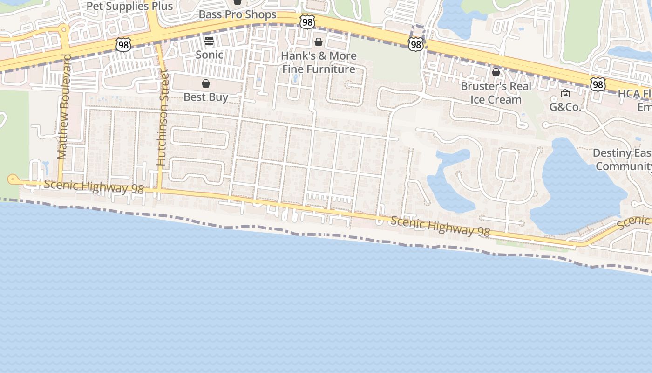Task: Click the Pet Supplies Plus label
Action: click(x=129, y=7)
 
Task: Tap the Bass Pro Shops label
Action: click(x=238, y=14)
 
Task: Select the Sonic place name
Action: click(x=209, y=55)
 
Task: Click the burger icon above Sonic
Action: click(x=209, y=41)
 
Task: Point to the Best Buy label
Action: click(x=206, y=97)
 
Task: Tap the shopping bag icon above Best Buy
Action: click(x=206, y=83)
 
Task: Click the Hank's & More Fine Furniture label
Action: click(x=319, y=62)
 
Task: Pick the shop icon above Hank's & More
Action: click(x=319, y=42)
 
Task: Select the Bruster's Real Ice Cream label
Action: click(x=496, y=93)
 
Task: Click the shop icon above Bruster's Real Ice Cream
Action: click(x=496, y=72)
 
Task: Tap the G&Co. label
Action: click(x=565, y=107)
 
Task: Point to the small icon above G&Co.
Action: click(x=565, y=93)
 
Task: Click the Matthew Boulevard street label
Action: click(x=64, y=107)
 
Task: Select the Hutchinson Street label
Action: click(x=162, y=117)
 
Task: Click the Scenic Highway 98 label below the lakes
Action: click(x=440, y=226)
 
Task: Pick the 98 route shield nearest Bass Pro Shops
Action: click(x=307, y=22)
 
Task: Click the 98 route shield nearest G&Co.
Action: click(x=598, y=84)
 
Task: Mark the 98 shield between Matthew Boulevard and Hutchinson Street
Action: click(x=123, y=45)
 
